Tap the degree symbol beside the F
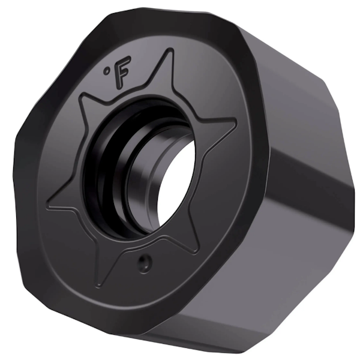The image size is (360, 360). pyautogui.click(x=107, y=71)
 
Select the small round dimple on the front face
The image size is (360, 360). pyautogui.click(x=143, y=262)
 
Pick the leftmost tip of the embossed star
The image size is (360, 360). pyautogui.click(x=48, y=207)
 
